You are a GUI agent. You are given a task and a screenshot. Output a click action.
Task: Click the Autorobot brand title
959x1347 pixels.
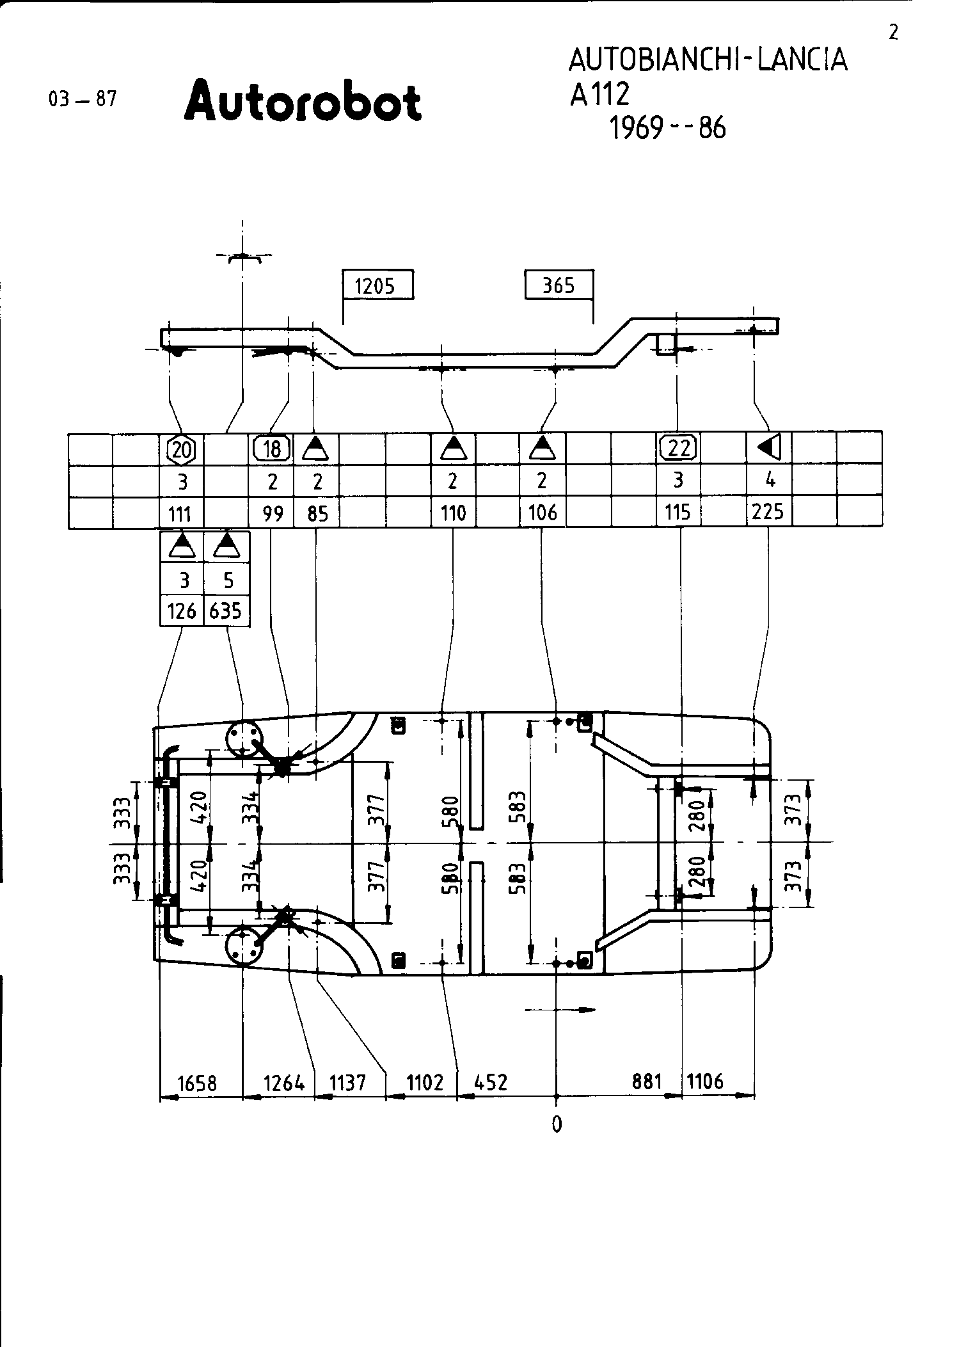303,101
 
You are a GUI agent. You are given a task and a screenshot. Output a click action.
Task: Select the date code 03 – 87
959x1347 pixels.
83,99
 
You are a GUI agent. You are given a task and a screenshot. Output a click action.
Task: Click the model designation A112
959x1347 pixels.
600,95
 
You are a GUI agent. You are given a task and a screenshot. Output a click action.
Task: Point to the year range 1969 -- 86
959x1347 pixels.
668,129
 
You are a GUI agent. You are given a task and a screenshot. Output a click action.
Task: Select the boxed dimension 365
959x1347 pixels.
559,285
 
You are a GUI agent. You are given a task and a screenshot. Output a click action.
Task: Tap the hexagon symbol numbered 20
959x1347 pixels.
182,449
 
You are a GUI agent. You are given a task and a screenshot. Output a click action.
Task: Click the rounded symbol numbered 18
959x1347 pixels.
272,449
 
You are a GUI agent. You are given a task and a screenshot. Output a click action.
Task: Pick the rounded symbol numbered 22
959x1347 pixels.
679,448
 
